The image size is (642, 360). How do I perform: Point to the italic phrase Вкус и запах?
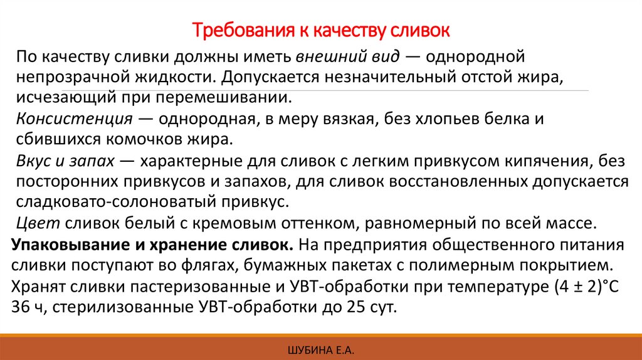66,161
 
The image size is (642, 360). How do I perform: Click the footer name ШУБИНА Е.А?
320,349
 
